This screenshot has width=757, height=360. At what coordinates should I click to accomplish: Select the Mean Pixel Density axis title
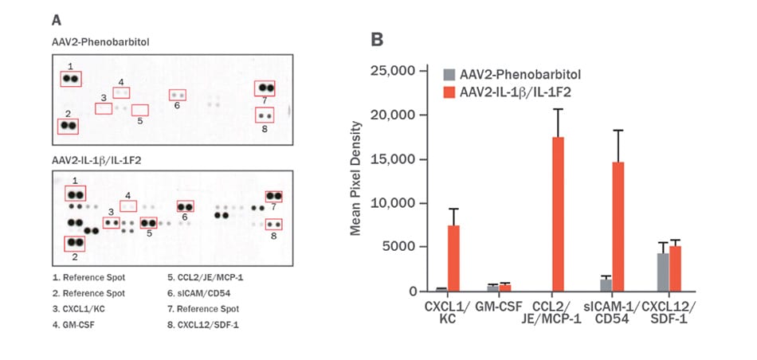356,178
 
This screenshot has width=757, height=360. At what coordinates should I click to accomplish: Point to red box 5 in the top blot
139,110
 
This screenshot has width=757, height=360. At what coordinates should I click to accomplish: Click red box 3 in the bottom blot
112,222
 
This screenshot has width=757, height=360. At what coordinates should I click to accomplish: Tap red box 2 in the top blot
68,126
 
